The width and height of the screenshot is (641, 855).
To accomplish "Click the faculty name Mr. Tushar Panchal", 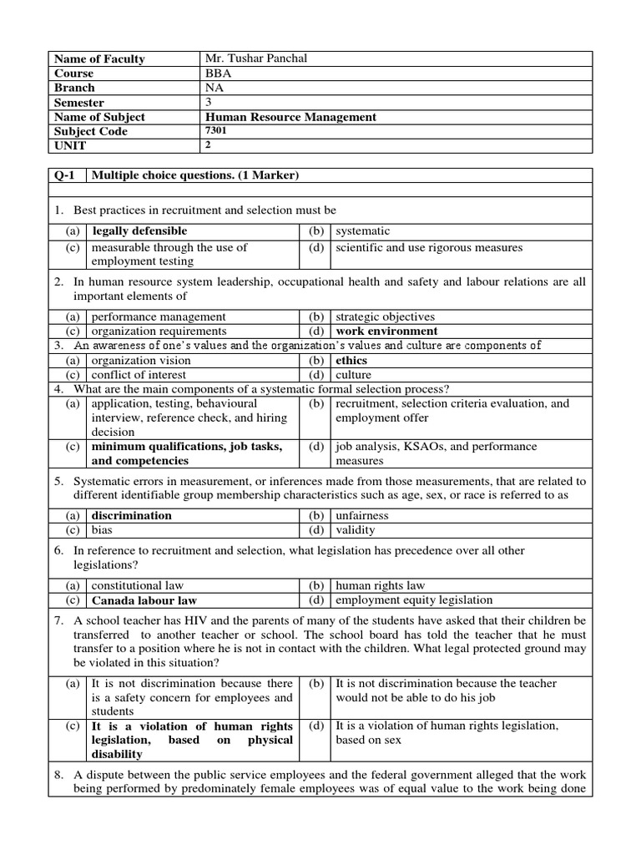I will point(256,58).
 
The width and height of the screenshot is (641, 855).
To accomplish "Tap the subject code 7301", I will point(215,131).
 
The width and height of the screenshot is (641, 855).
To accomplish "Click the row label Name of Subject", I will point(99,117).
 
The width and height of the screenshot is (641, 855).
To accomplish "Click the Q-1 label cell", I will point(65,175).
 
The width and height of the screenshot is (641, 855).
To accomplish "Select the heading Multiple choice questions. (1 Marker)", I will point(195,175).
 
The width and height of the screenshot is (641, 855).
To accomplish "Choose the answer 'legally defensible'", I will point(139,230).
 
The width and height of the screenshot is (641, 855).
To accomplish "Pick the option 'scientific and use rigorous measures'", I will point(429,247).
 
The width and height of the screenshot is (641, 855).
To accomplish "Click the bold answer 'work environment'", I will point(386,331).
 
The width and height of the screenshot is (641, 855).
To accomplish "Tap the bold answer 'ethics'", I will point(351,361).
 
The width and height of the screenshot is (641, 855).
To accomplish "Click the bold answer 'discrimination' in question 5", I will point(132,515).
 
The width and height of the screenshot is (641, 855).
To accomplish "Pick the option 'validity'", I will point(356,529).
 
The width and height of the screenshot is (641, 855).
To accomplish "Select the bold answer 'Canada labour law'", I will point(144,600).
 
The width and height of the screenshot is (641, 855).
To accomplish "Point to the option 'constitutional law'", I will point(137,585).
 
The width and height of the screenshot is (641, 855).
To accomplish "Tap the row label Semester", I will point(79,103).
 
